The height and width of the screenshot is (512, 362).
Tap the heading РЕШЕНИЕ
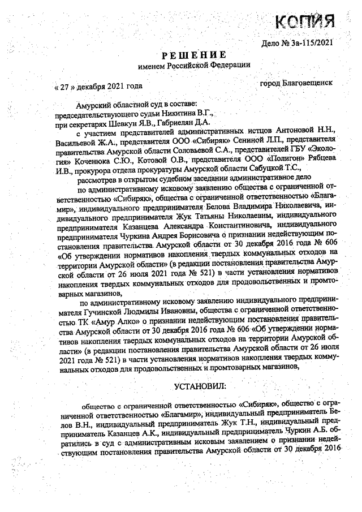(194, 55)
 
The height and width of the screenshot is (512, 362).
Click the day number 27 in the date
(65, 86)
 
